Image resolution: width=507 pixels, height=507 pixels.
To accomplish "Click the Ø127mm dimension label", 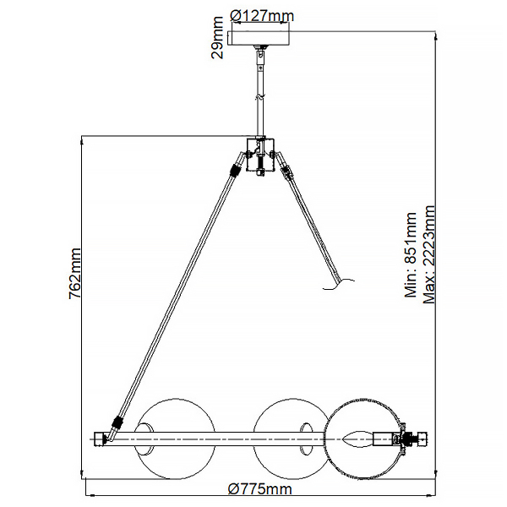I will point(262,15).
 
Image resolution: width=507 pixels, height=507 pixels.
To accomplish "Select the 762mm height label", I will point(74,273).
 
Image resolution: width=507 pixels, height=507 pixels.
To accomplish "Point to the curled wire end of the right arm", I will point(337,289).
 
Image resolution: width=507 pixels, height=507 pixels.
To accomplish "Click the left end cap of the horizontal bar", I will point(96,439).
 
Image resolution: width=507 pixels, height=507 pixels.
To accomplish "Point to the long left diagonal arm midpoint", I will point(176,296).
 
